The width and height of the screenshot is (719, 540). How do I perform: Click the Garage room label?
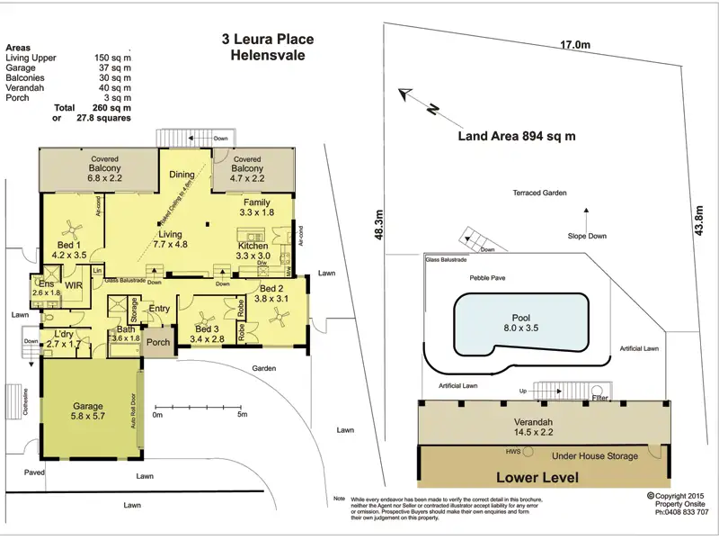point(87,407)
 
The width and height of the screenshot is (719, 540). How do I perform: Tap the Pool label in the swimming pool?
point(520,318)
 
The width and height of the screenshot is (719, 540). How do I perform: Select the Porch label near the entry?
point(159,342)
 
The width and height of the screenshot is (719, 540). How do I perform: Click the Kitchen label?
point(253,245)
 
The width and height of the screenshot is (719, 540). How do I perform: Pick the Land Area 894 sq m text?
point(516,137)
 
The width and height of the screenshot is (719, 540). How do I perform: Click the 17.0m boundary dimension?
point(575,45)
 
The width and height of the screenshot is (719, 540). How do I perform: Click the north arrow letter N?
point(432,111)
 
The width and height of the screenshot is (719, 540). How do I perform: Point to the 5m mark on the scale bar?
point(243,415)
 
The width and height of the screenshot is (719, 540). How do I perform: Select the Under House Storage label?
point(595,456)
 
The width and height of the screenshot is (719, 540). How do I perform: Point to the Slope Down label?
point(586,236)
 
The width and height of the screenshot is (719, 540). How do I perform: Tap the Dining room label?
point(182,175)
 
